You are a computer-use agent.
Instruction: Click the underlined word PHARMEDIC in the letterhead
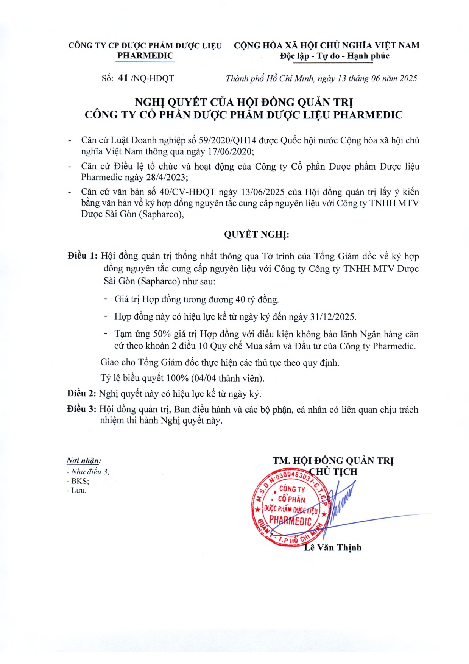[145, 56]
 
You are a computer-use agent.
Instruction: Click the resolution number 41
[123, 78]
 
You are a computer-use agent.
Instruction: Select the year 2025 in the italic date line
[408, 78]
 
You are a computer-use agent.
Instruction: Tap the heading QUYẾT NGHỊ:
[256, 234]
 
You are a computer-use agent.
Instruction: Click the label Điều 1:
[83, 256]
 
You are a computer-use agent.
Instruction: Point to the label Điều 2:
[81, 394]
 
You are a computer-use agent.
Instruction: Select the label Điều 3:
[81, 409]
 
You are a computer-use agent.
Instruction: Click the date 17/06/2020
[230, 151]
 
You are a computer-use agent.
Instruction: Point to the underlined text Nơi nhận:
[84, 461]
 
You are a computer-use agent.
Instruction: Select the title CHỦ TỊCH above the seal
[333, 472]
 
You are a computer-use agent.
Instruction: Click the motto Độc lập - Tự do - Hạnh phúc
[335, 56]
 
